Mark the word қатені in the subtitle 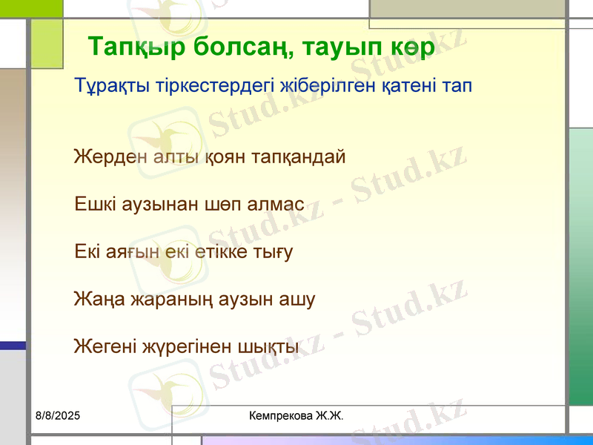[407, 85]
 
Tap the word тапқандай [299, 157]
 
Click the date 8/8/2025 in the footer [58, 417]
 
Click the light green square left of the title [47, 44]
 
